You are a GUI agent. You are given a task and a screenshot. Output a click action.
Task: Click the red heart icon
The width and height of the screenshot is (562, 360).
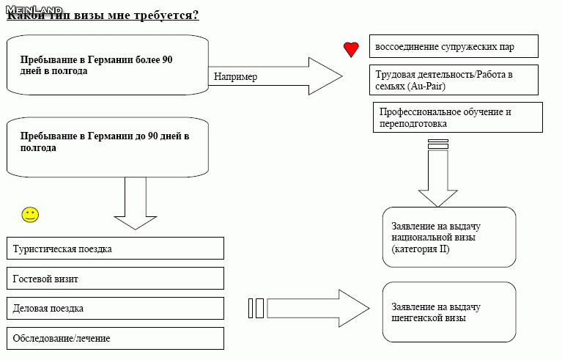(x=351, y=49)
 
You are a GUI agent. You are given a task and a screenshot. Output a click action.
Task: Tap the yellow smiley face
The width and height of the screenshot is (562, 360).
(x=30, y=215)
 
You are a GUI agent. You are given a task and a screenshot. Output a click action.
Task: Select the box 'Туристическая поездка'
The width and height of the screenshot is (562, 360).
(x=114, y=249)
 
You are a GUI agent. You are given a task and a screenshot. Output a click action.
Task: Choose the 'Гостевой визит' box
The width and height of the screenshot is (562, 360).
(x=114, y=279)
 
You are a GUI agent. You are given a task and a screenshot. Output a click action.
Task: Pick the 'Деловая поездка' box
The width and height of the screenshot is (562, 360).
(x=114, y=308)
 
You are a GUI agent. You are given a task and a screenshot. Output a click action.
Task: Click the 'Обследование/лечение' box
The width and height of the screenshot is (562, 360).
(x=114, y=338)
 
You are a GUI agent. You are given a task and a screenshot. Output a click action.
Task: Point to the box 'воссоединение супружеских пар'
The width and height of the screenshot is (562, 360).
(x=454, y=47)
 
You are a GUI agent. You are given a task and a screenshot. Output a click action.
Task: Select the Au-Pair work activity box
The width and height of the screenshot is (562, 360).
(x=454, y=81)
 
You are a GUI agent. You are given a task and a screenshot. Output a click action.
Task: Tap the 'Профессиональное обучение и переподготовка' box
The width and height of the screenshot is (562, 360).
(x=458, y=117)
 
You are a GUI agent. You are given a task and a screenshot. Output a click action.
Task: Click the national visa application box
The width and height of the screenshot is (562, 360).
(x=448, y=237)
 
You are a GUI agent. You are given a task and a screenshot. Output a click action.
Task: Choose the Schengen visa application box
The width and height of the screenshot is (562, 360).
(x=448, y=312)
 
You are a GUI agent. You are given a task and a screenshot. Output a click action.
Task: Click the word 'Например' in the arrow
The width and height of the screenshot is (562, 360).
(x=235, y=76)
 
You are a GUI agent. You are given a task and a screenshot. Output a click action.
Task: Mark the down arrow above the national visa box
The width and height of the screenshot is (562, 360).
(x=437, y=180)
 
